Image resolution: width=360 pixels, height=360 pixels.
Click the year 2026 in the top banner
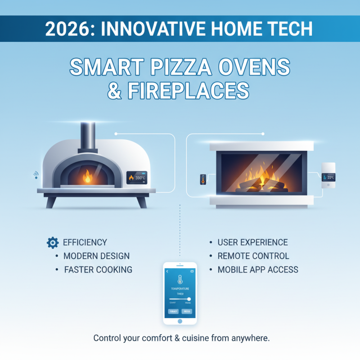point(67,29)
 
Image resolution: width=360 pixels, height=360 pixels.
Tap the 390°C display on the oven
point(137,178)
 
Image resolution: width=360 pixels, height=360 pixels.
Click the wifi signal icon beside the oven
point(35,175)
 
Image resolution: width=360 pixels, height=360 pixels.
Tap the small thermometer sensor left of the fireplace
point(202,179)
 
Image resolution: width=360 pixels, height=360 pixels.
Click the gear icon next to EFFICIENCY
point(52,243)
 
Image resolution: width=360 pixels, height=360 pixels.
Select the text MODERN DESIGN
point(96,256)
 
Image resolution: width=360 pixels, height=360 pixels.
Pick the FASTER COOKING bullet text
point(98,270)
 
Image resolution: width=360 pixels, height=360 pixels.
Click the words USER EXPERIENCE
point(252,243)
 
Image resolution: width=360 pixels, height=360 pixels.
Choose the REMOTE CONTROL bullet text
point(253,256)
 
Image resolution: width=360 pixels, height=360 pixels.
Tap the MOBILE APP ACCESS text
point(258,270)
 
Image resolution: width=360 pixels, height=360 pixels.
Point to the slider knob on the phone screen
point(189,299)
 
